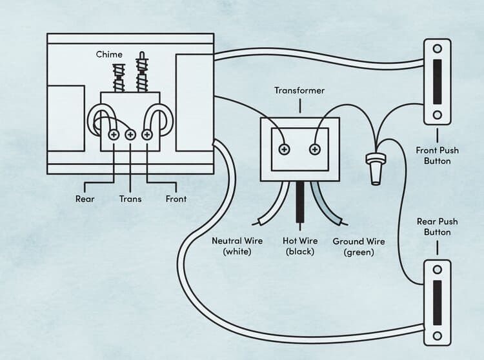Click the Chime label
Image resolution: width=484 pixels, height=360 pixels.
109,54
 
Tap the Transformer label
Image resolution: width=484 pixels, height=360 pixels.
299,90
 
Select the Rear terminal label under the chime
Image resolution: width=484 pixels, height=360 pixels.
85,199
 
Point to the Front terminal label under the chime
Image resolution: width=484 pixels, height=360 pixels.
176,199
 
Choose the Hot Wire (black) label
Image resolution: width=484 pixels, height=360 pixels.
299,246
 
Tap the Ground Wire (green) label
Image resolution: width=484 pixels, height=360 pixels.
359,246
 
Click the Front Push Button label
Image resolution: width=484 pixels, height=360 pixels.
437,155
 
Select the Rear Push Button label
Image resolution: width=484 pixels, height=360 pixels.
437,226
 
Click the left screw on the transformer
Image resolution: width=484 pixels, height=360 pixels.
283,150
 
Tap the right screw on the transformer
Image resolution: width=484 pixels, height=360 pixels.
315,150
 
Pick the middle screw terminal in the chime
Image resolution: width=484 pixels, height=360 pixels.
130,135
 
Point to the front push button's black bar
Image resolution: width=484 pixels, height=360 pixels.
437,81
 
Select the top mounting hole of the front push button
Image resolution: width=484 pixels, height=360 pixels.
437,48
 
